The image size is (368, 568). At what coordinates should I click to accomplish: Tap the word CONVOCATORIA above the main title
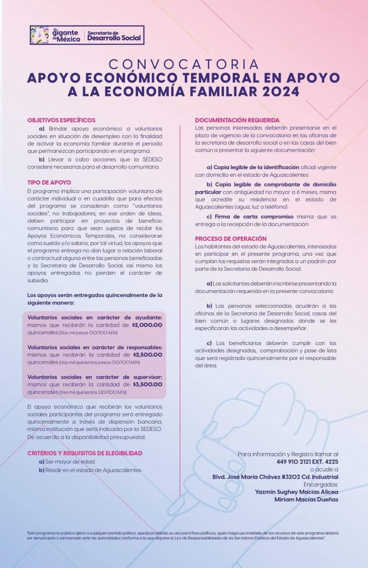click(x=183, y=64)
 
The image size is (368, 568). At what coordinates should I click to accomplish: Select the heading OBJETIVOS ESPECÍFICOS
click(x=61, y=120)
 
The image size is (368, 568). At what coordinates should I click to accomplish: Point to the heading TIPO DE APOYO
click(x=48, y=182)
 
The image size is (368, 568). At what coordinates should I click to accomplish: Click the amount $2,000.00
click(x=147, y=325)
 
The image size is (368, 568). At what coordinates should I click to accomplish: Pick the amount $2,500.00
click(x=147, y=354)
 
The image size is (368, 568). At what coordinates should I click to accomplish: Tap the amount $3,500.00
click(x=147, y=384)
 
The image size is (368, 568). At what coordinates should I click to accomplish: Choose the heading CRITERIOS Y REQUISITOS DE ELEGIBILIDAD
click(x=85, y=453)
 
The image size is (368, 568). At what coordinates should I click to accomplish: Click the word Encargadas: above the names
click(x=320, y=484)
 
